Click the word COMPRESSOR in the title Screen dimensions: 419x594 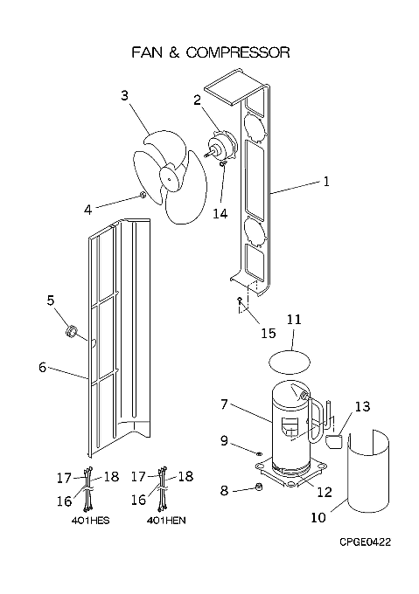coord(238,52)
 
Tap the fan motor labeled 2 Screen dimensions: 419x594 coord(222,146)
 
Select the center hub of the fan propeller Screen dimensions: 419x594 coord(168,176)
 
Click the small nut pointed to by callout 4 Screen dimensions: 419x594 coord(143,196)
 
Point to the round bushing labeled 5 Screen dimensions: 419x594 coord(71,332)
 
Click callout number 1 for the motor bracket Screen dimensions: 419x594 coord(326,182)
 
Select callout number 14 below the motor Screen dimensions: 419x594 coord(220,214)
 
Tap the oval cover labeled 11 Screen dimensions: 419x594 coord(290,362)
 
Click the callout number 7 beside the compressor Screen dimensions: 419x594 coord(224,404)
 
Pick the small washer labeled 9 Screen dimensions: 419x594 coord(260,452)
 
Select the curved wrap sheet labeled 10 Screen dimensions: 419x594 coord(368,472)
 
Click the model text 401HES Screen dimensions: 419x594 coord(91,521)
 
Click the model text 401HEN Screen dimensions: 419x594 coord(166,521)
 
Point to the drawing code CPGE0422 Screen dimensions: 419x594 coord(365,542)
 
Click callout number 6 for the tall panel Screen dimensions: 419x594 coord(43,367)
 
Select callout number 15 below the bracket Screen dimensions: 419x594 coord(268,333)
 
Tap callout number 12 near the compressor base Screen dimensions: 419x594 coord(325,492)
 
